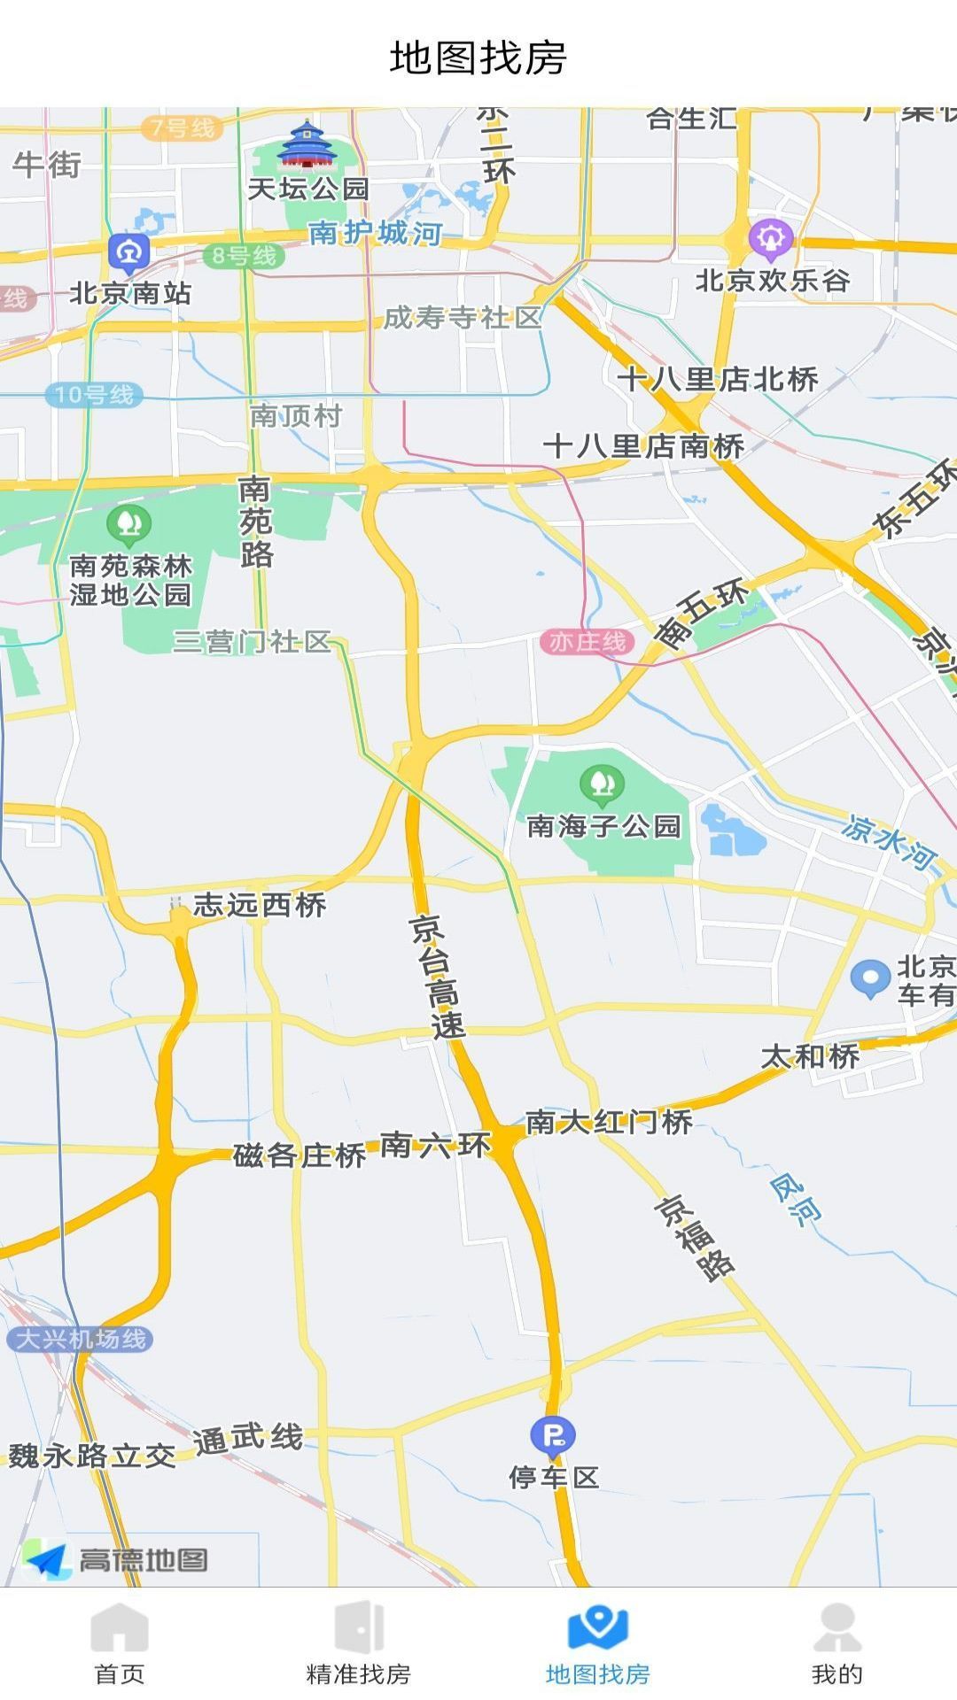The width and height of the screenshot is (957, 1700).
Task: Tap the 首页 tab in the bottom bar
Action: pyautogui.click(x=120, y=1642)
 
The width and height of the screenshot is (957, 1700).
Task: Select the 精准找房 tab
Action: pyautogui.click(x=359, y=1642)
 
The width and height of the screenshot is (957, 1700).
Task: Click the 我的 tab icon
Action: pyautogui.click(x=836, y=1628)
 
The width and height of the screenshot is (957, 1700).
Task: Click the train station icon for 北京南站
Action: pyautogui.click(x=129, y=252)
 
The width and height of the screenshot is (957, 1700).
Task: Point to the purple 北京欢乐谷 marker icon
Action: pyautogui.click(x=770, y=238)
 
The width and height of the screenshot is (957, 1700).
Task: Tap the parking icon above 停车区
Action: pyautogui.click(x=553, y=1434)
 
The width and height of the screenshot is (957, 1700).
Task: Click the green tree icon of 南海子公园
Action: pyautogui.click(x=603, y=784)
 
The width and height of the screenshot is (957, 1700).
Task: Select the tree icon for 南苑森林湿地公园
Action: pyautogui.click(x=129, y=525)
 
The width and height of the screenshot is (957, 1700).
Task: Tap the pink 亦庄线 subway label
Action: pyautogui.click(x=587, y=641)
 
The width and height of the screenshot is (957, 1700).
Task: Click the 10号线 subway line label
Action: pyautogui.click(x=94, y=395)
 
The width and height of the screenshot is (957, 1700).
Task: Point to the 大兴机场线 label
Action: pyautogui.click(x=80, y=1339)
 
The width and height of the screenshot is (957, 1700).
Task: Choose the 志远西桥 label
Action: pyautogui.click(x=260, y=905)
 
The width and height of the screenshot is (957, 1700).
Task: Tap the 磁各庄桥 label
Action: pyautogui.click(x=300, y=1155)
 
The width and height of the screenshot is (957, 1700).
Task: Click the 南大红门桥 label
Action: pyautogui.click(x=609, y=1122)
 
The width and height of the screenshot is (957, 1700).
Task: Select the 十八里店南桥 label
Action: pyautogui.click(x=643, y=446)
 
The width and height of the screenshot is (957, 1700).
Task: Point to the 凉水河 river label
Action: pyautogui.click(x=888, y=841)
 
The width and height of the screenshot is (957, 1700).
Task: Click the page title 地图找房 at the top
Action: pyautogui.click(x=478, y=58)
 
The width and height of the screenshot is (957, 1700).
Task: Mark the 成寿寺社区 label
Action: pyautogui.click(x=462, y=318)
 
